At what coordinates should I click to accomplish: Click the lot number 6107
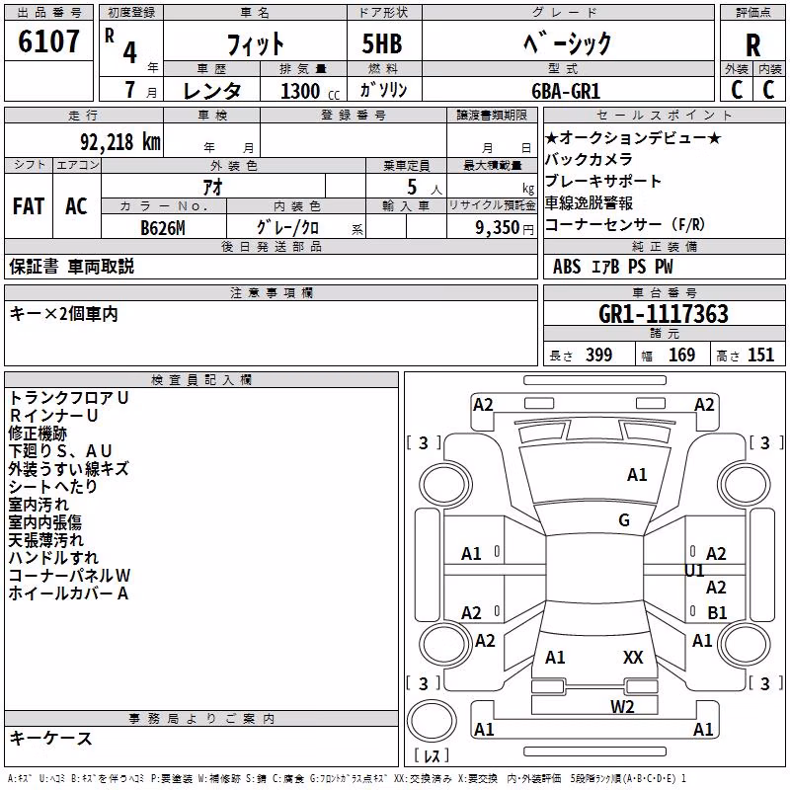click(48, 41)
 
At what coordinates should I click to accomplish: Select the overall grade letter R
click(752, 45)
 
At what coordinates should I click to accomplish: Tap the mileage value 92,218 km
click(120, 142)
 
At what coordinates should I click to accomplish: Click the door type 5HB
click(382, 43)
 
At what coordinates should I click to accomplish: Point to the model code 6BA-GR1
click(566, 91)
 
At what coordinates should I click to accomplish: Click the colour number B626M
click(163, 228)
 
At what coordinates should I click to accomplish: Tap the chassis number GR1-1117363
click(664, 314)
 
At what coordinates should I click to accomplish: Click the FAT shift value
click(29, 206)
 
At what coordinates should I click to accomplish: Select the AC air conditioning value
click(76, 206)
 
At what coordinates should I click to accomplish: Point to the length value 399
click(598, 355)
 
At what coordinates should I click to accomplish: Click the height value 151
click(760, 355)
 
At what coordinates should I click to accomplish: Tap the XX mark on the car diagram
click(633, 658)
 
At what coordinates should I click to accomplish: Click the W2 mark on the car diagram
click(622, 707)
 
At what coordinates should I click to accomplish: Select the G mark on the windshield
click(624, 520)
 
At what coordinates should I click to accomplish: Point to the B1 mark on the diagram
click(717, 612)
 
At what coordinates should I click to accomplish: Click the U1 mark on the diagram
click(694, 571)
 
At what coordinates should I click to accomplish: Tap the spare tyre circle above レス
click(432, 721)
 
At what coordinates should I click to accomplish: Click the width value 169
click(681, 355)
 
